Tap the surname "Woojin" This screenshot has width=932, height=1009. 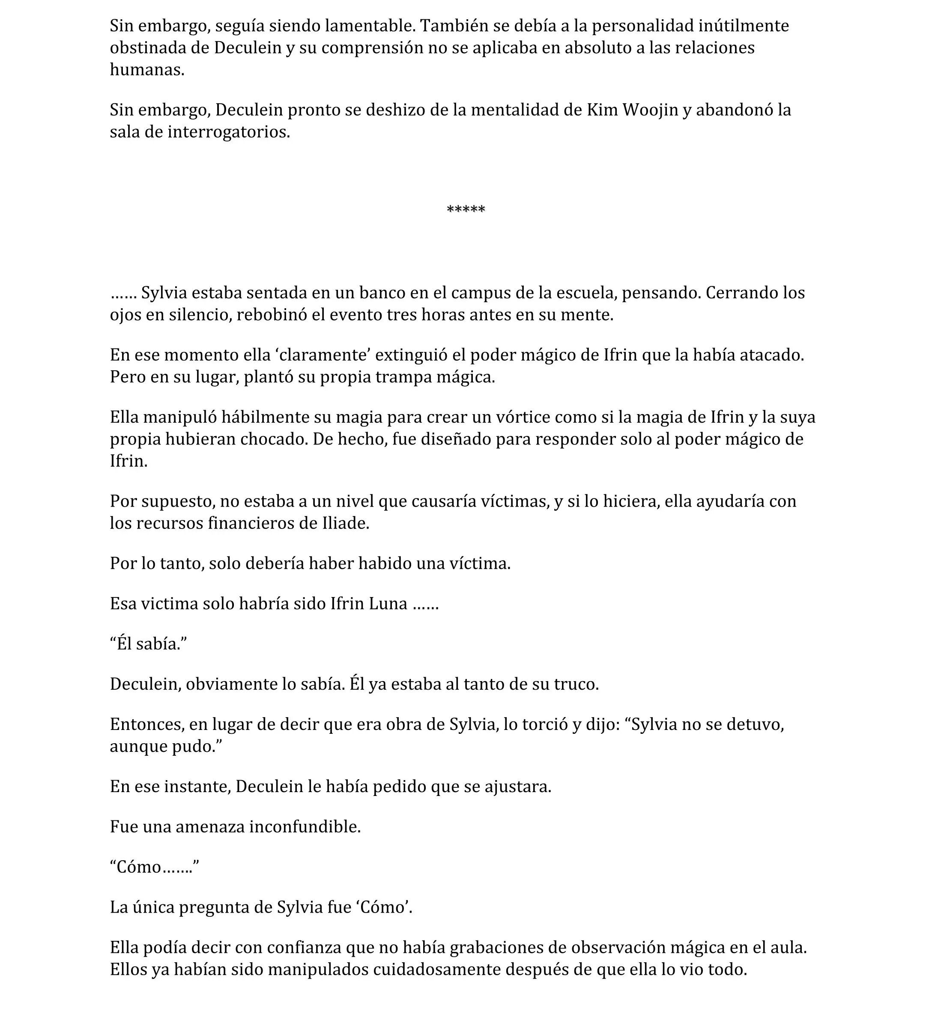tap(651, 110)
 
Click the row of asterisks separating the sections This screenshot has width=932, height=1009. tap(466, 210)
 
